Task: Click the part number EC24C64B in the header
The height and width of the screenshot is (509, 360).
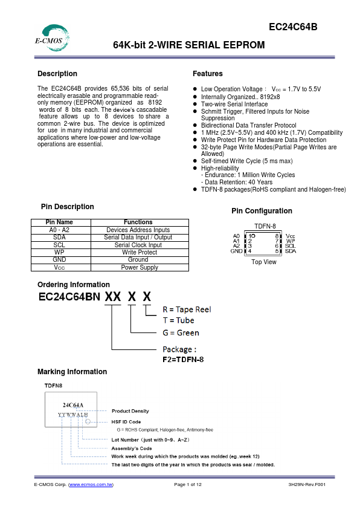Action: click(x=293, y=27)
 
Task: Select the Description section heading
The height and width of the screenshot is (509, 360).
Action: click(x=57, y=74)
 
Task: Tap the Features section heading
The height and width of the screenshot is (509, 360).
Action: click(x=208, y=74)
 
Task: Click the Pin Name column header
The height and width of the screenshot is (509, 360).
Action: click(x=59, y=222)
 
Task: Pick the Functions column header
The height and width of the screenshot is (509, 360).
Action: click(x=138, y=222)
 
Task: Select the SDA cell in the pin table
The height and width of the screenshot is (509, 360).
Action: click(x=59, y=238)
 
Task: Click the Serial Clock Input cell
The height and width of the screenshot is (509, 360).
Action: click(x=138, y=245)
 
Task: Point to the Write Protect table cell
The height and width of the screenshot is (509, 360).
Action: click(x=138, y=253)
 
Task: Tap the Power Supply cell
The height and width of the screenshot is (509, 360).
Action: click(x=138, y=267)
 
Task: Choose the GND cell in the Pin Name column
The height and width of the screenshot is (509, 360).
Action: click(x=59, y=260)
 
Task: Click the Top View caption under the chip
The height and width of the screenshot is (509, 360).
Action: click(x=264, y=262)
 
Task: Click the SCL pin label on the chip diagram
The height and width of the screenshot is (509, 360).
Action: click(x=291, y=246)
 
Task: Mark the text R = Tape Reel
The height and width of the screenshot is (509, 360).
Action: click(x=187, y=309)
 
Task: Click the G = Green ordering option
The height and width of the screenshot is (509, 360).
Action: click(x=180, y=333)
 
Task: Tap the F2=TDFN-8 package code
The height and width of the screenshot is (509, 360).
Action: click(x=184, y=360)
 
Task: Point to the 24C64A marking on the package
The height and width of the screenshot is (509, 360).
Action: click(x=73, y=404)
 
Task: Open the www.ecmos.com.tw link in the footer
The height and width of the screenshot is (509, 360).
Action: click(x=91, y=485)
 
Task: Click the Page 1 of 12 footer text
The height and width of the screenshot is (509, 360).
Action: click(x=188, y=485)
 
